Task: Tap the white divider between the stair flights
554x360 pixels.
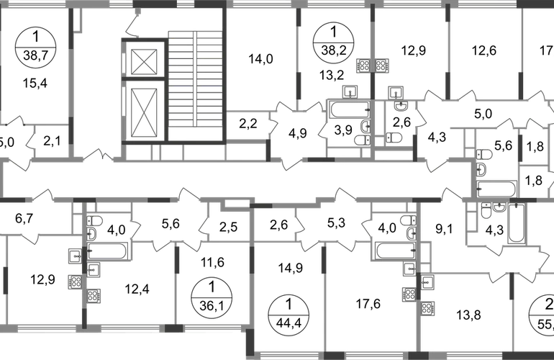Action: pyautogui.click(x=195, y=79)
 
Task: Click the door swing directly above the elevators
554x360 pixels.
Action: pyautogui.click(x=131, y=27)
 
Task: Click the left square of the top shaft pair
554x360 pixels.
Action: pyautogui.click(x=363, y=66)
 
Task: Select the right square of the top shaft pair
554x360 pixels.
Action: pyautogui.click(x=381, y=66)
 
